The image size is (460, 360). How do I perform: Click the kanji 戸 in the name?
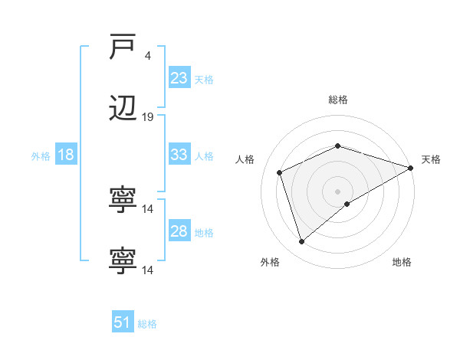tap(123, 47)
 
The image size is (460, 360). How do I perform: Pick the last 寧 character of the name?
tap(123, 260)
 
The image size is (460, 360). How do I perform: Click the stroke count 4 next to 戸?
tap(147, 56)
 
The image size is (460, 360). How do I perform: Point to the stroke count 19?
tap(148, 117)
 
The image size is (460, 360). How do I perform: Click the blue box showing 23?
tap(179, 78)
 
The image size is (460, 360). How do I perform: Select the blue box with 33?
tap(179, 155)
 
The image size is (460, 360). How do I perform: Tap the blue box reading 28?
tap(179, 231)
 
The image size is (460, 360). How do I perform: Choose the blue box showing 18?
tap(66, 155)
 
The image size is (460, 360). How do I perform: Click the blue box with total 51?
tap(123, 322)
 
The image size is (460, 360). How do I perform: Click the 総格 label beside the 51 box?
tap(147, 324)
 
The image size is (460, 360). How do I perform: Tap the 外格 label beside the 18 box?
tap(41, 156)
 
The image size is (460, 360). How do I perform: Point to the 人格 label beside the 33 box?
tap(204, 156)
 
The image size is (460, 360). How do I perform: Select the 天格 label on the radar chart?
tap(431, 159)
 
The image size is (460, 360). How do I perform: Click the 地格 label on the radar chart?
tap(402, 263)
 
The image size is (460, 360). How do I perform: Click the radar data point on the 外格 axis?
tap(301, 242)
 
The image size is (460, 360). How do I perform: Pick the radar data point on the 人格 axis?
tap(280, 172)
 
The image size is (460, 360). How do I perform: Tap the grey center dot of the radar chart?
tap(337, 191)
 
